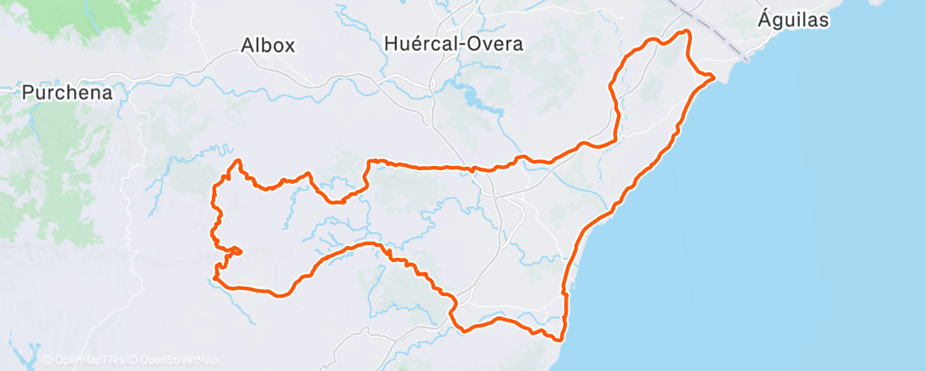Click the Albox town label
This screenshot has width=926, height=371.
tap(268, 45)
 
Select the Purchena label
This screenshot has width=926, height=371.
tap(67, 93)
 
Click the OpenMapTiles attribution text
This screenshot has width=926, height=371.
tap(85, 360)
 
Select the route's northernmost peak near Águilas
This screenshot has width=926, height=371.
tap(685, 31)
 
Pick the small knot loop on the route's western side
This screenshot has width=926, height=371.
tap(233, 250)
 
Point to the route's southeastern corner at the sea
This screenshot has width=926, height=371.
tap(561, 340)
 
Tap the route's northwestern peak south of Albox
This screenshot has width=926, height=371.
tap(238, 161)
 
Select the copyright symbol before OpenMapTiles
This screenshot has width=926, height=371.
tap(47, 360)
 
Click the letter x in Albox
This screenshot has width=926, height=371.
tap(289, 45)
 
